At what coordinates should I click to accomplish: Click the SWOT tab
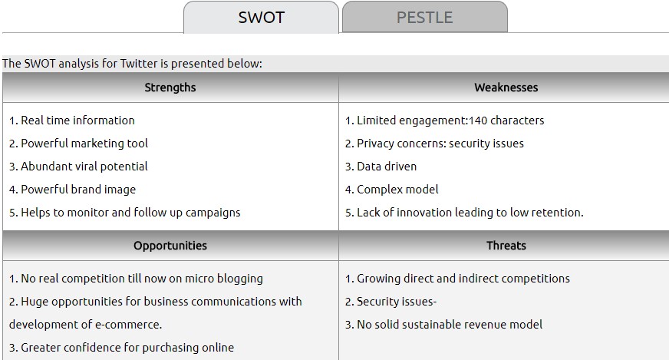pyautogui.click(x=261, y=17)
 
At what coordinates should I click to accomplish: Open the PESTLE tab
pyautogui.click(x=425, y=17)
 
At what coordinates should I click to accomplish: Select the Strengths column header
pyautogui.click(x=170, y=88)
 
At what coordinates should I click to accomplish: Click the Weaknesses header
pyautogui.click(x=506, y=88)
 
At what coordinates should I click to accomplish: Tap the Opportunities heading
pyautogui.click(x=170, y=246)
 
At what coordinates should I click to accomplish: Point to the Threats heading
pyautogui.click(x=506, y=246)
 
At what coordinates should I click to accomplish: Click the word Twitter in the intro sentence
pyautogui.click(x=139, y=64)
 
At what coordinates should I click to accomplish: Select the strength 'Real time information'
pyautogui.click(x=77, y=121)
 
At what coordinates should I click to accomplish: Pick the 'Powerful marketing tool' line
pyautogui.click(x=84, y=144)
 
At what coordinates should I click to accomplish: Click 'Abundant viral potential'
pyautogui.click(x=84, y=167)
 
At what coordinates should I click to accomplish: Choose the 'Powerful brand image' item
pyautogui.click(x=78, y=190)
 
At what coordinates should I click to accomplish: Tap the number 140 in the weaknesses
pyautogui.click(x=478, y=121)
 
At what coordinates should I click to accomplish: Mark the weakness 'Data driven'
pyautogui.click(x=387, y=167)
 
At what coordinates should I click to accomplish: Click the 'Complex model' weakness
pyautogui.click(x=397, y=190)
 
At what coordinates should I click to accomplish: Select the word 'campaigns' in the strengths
pyautogui.click(x=213, y=213)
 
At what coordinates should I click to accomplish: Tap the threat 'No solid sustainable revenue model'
pyautogui.click(x=450, y=325)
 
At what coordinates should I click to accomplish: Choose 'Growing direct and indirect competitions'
pyautogui.click(x=463, y=279)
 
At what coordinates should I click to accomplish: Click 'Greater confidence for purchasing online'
pyautogui.click(x=127, y=348)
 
